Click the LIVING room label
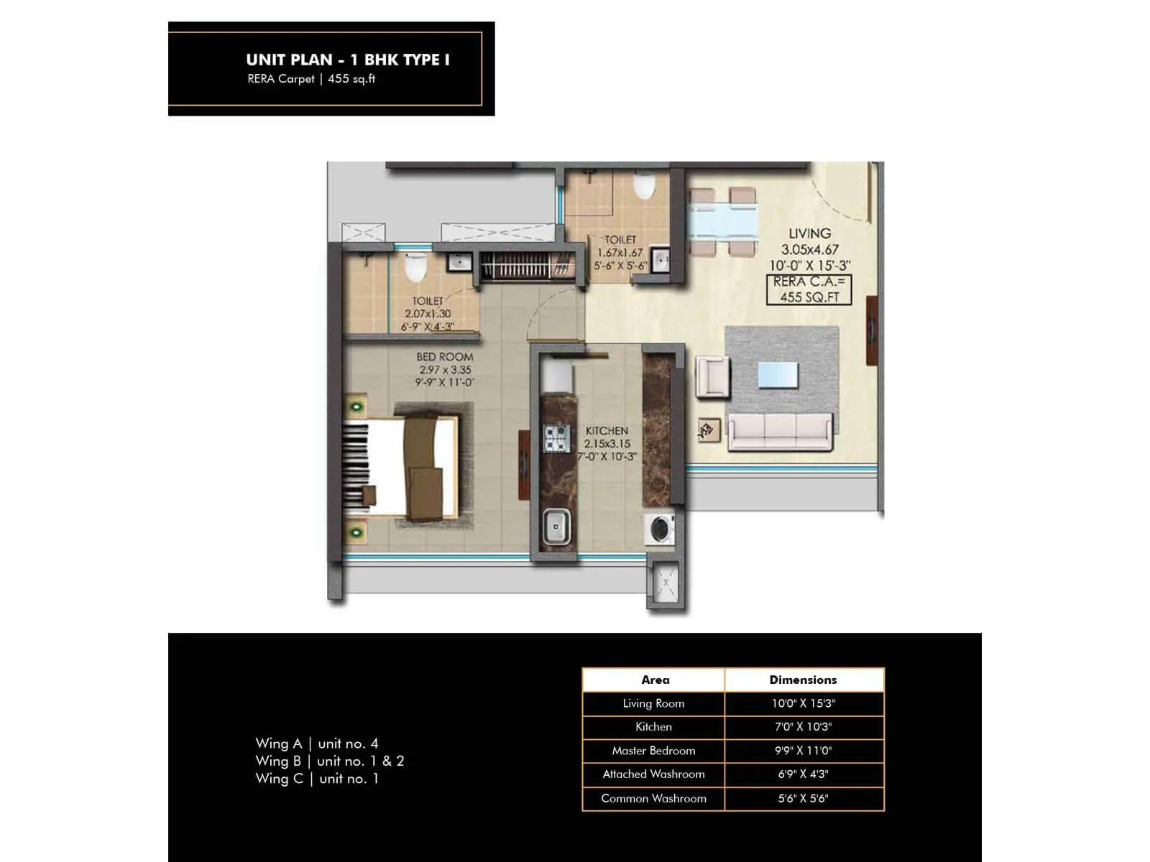point(809,233)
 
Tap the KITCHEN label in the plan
point(607,430)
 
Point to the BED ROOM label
point(444,357)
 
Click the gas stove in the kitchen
point(556,438)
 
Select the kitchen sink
point(556,527)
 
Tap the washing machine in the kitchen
point(661,529)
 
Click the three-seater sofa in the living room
point(780,432)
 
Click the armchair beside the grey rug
point(712,376)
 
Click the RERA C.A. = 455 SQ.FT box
point(809,289)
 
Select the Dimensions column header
point(803,680)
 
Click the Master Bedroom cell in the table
point(653,751)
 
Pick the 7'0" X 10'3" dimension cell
point(803,727)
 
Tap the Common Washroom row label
point(653,798)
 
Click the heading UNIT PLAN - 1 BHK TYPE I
point(348,60)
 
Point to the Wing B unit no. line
point(330,761)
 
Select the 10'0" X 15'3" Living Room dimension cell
point(803,703)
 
